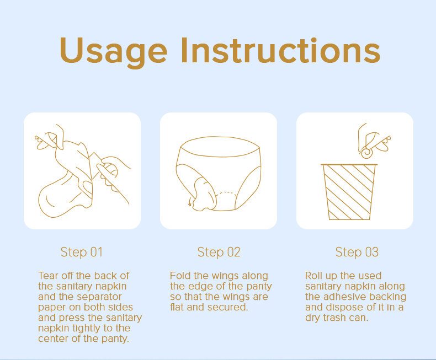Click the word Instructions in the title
coord(280,50)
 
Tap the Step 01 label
coord(82,252)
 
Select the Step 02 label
coord(219,252)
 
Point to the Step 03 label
coord(357,252)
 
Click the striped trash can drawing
coord(349,192)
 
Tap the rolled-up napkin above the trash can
coord(367,153)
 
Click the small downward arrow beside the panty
coord(190,202)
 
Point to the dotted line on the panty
coord(226,192)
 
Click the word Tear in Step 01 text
coord(49,276)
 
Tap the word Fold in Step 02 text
coord(180,276)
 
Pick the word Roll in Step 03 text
coord(313,276)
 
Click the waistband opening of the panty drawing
coord(220,147)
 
